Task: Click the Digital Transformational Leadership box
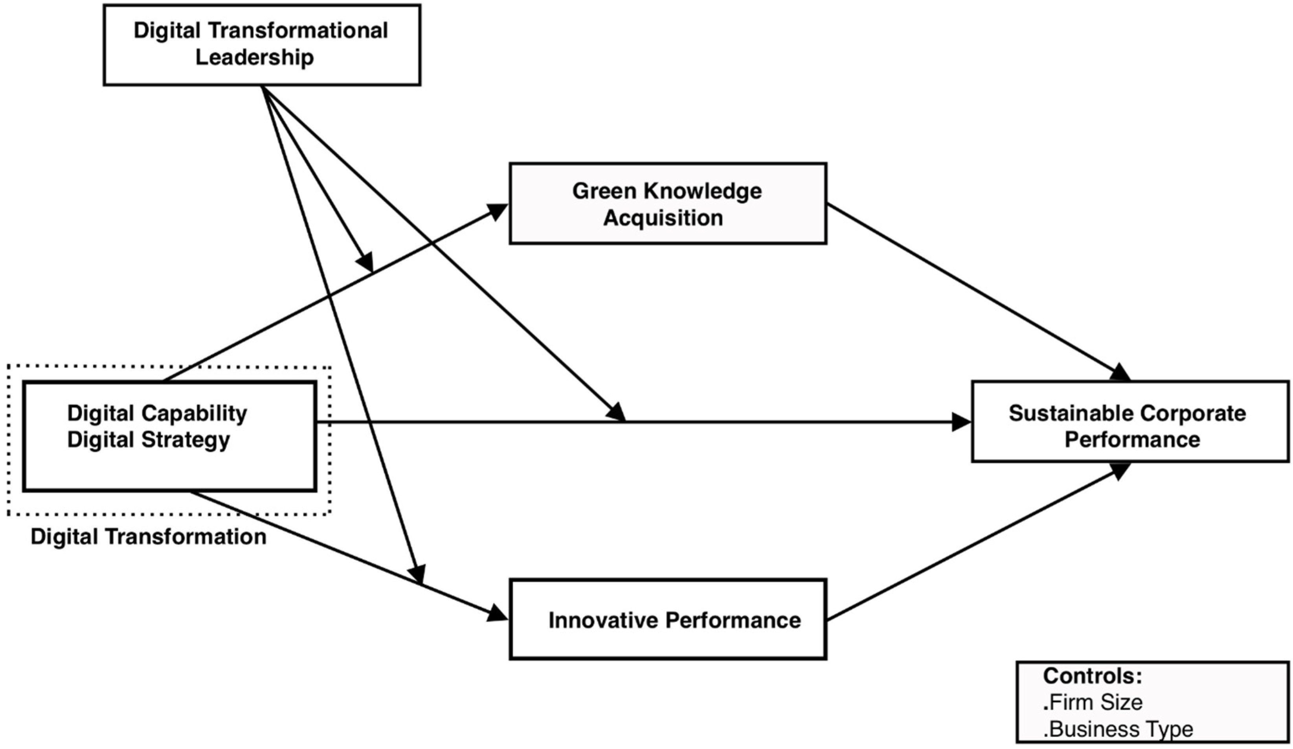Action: (262, 45)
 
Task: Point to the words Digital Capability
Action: (157, 413)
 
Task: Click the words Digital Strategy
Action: (149, 440)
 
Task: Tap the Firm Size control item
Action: (1093, 702)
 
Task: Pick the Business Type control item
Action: (1118, 729)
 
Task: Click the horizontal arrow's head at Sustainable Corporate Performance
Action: (961, 422)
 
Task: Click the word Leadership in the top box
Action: (255, 57)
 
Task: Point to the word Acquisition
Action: (663, 218)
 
